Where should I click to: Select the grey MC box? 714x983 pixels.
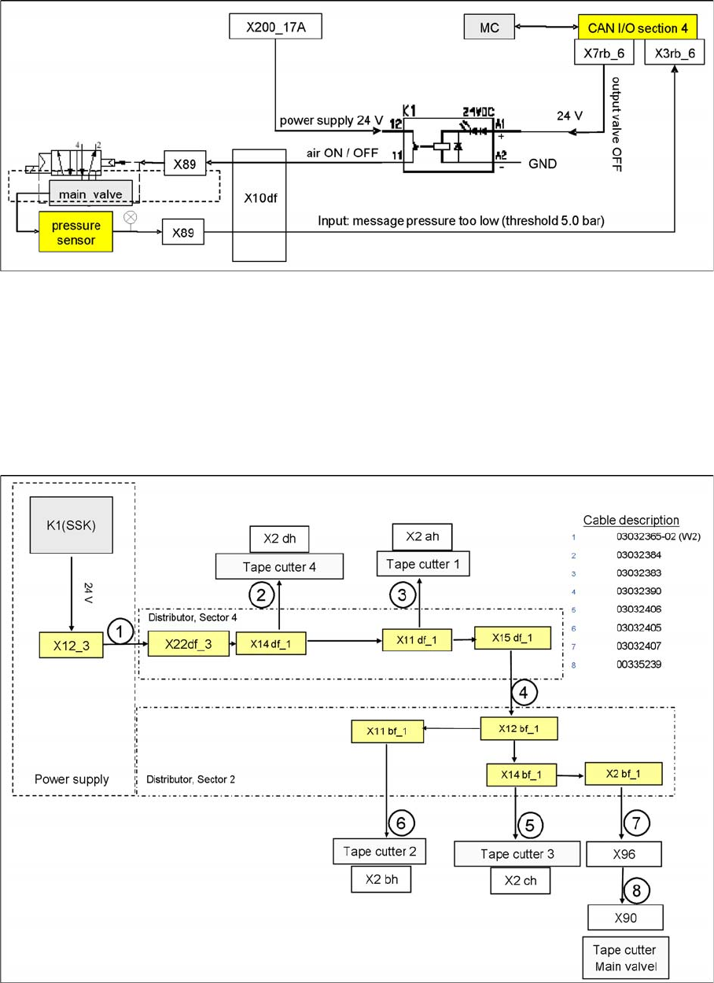[488, 28]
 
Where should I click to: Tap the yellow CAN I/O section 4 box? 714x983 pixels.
[638, 28]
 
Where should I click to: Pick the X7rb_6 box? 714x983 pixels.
[608, 52]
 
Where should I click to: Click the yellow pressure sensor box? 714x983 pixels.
[76, 231]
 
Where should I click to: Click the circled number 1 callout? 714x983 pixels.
[120, 631]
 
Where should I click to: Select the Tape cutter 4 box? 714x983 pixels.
[280, 566]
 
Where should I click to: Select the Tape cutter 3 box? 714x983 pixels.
[517, 853]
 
